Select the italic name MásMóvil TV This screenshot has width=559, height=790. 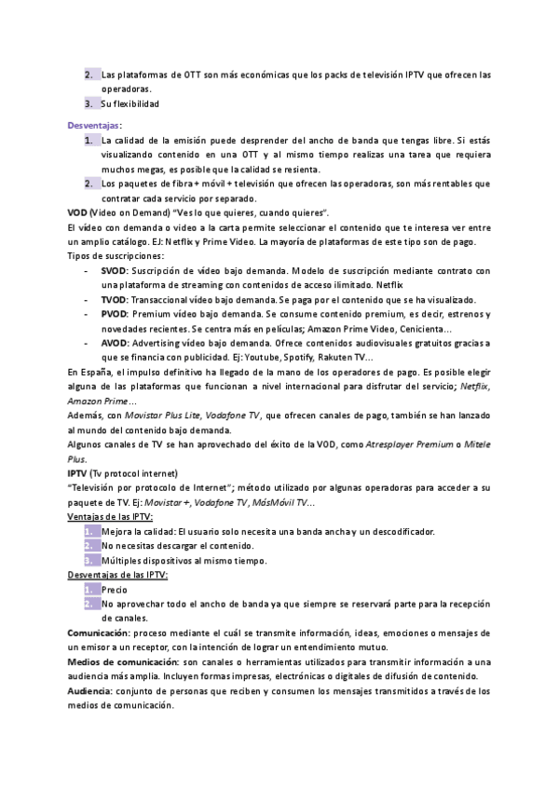point(282,503)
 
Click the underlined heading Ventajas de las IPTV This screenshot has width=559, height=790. point(111,517)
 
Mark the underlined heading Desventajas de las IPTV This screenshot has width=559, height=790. point(118,576)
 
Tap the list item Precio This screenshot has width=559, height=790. point(115,590)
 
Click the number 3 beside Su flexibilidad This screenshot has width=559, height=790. point(89,103)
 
